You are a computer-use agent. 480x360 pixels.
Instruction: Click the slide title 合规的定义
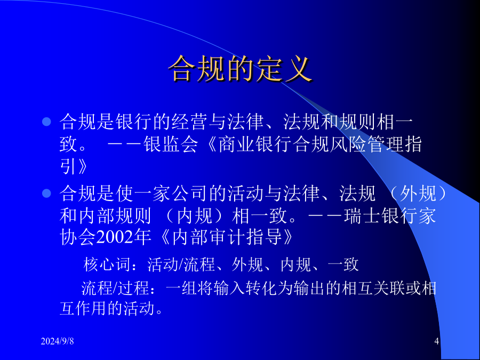pyautogui.click(x=241, y=69)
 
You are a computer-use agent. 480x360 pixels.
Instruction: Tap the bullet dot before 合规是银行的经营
pyautogui.click(x=46, y=122)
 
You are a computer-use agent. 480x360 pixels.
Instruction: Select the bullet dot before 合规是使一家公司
pyautogui.click(x=46, y=193)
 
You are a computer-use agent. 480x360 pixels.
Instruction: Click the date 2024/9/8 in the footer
pyautogui.click(x=57, y=341)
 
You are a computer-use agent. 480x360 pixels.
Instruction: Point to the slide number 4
pyautogui.click(x=437, y=341)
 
